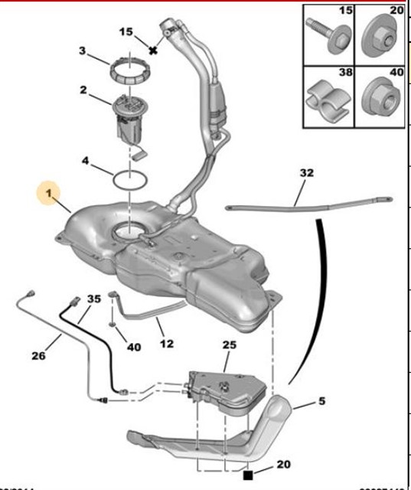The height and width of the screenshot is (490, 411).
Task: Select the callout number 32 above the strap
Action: coord(307,174)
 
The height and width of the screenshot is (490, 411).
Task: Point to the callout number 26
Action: coord(39,355)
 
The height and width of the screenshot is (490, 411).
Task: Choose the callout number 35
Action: coord(93,298)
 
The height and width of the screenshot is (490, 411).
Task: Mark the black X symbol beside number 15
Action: coord(153,51)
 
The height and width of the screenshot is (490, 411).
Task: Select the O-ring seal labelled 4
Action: coord(130,181)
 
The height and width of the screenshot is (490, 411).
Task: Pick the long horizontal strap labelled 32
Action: coord(306,203)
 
